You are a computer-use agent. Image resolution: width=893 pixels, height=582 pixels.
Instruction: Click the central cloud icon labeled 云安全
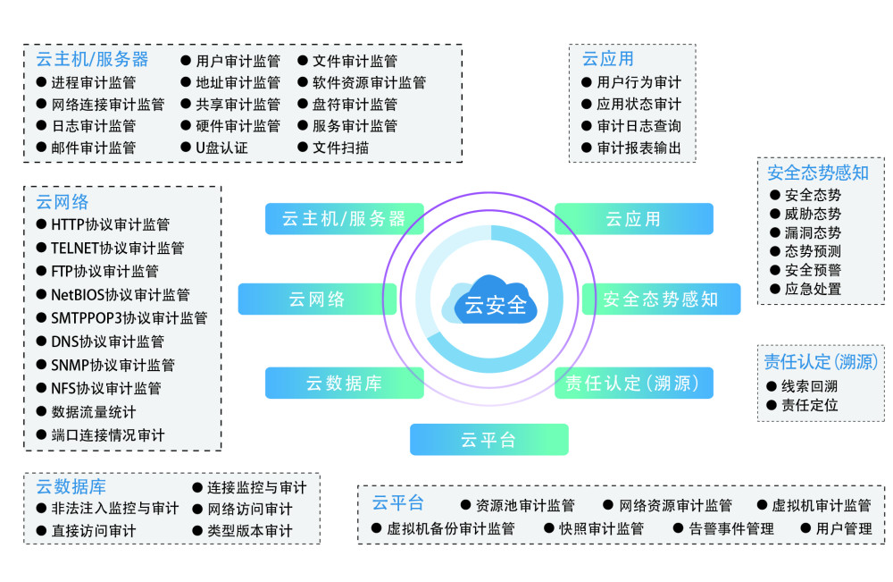click(x=490, y=300)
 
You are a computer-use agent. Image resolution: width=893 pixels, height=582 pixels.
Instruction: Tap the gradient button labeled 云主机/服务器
click(x=344, y=219)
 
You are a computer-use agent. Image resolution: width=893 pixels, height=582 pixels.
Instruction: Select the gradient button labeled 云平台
click(x=489, y=440)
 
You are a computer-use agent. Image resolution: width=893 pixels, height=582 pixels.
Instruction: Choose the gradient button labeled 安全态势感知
click(x=661, y=299)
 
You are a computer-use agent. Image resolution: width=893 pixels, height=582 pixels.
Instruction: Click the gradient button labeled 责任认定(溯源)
click(x=633, y=383)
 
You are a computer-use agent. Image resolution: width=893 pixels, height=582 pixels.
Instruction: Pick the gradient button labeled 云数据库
click(x=344, y=383)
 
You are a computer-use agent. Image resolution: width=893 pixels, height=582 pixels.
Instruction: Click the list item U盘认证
click(x=221, y=148)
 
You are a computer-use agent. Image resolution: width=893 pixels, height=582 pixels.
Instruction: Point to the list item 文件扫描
click(x=340, y=148)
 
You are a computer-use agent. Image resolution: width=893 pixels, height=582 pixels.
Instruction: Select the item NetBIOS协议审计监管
click(x=121, y=295)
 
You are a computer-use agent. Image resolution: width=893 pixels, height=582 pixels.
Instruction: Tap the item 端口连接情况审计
click(x=108, y=435)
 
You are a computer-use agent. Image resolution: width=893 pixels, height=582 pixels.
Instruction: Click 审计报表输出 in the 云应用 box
click(x=639, y=148)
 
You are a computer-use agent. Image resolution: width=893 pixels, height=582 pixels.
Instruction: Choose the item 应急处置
click(x=813, y=289)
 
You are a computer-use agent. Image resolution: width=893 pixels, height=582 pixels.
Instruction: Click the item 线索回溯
click(x=809, y=386)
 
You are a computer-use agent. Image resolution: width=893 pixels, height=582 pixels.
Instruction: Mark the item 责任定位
click(x=809, y=405)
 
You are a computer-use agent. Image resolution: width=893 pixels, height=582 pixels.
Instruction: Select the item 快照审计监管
click(x=601, y=529)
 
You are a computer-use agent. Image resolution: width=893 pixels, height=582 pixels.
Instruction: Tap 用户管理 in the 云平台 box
click(x=844, y=529)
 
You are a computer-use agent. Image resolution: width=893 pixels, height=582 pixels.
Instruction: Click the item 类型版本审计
click(x=249, y=531)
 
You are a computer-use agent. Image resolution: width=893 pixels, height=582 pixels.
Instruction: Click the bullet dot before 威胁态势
click(x=774, y=214)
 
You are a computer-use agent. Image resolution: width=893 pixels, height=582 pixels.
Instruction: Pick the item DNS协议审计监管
click(x=108, y=342)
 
